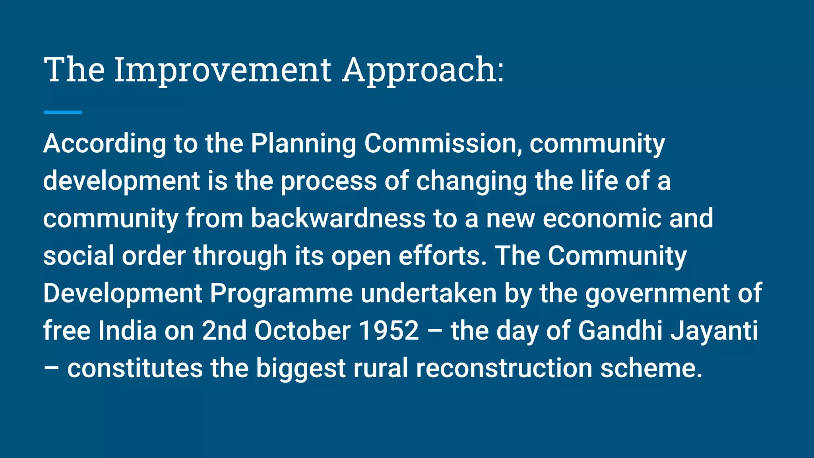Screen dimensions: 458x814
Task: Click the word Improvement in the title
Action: (223, 70)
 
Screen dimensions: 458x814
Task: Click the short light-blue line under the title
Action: (62, 113)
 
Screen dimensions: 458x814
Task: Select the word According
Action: (105, 144)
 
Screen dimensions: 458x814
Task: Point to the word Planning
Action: (303, 144)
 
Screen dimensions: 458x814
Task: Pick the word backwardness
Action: (338, 218)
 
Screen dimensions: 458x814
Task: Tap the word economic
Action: (602, 218)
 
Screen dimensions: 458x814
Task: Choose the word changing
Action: (471, 181)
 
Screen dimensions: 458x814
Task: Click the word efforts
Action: (442, 256)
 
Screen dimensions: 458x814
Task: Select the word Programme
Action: (281, 293)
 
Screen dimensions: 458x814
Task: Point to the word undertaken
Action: (428, 293)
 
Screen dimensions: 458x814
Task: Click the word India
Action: (127, 331)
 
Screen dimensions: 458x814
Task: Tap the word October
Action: (302, 331)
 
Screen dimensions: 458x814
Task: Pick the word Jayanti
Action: (714, 331)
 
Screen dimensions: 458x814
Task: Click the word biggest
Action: (300, 368)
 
